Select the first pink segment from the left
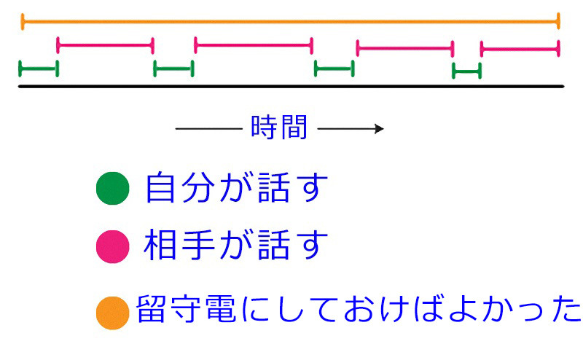105,45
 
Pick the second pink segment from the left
253,45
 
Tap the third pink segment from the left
404,49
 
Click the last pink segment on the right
520,49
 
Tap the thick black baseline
291,87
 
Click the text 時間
278,128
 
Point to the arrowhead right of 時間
378,129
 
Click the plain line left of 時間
208,129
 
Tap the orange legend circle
113,313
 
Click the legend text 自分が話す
233,189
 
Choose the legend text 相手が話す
233,246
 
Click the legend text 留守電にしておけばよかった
357,310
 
